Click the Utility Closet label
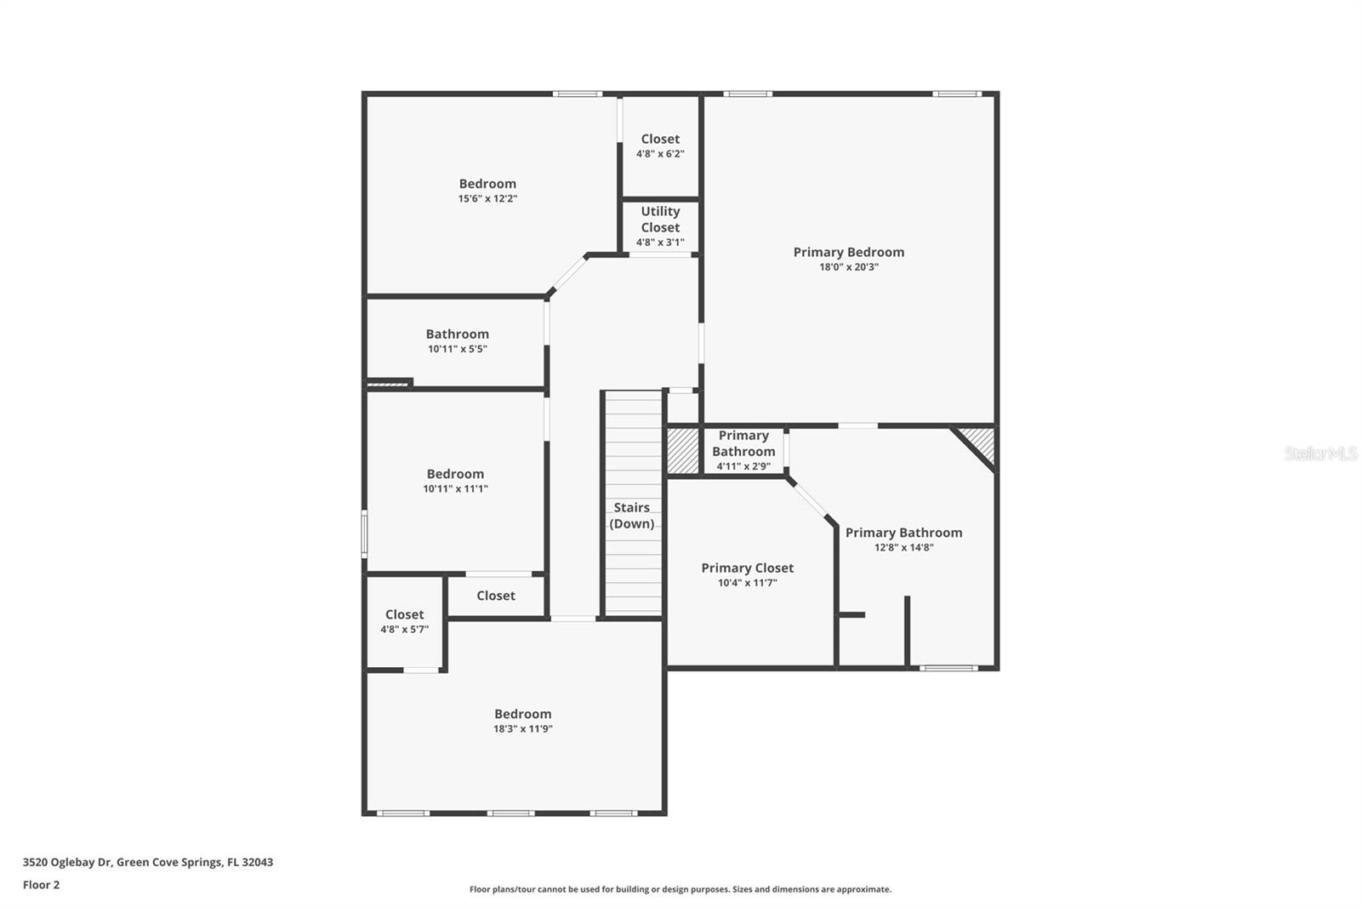pos(660,219)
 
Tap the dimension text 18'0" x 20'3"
pos(848,267)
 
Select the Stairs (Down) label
pos(632,516)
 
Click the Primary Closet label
pos(747,568)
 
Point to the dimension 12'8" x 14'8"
pos(903,548)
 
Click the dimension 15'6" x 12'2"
pos(487,199)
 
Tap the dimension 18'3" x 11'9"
pos(522,729)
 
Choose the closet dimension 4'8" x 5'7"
pos(404,630)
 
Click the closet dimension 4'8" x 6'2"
pos(660,154)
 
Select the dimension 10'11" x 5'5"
pos(457,349)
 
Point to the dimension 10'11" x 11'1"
pos(455,489)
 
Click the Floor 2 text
pos(41,885)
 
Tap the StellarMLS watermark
pos(1320,453)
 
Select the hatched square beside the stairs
pos(682,450)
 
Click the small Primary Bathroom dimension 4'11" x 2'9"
pos(743,466)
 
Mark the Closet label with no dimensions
pos(495,596)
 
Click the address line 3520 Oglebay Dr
pos(147,862)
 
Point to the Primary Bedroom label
pos(848,252)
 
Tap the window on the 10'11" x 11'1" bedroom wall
pos(364,533)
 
